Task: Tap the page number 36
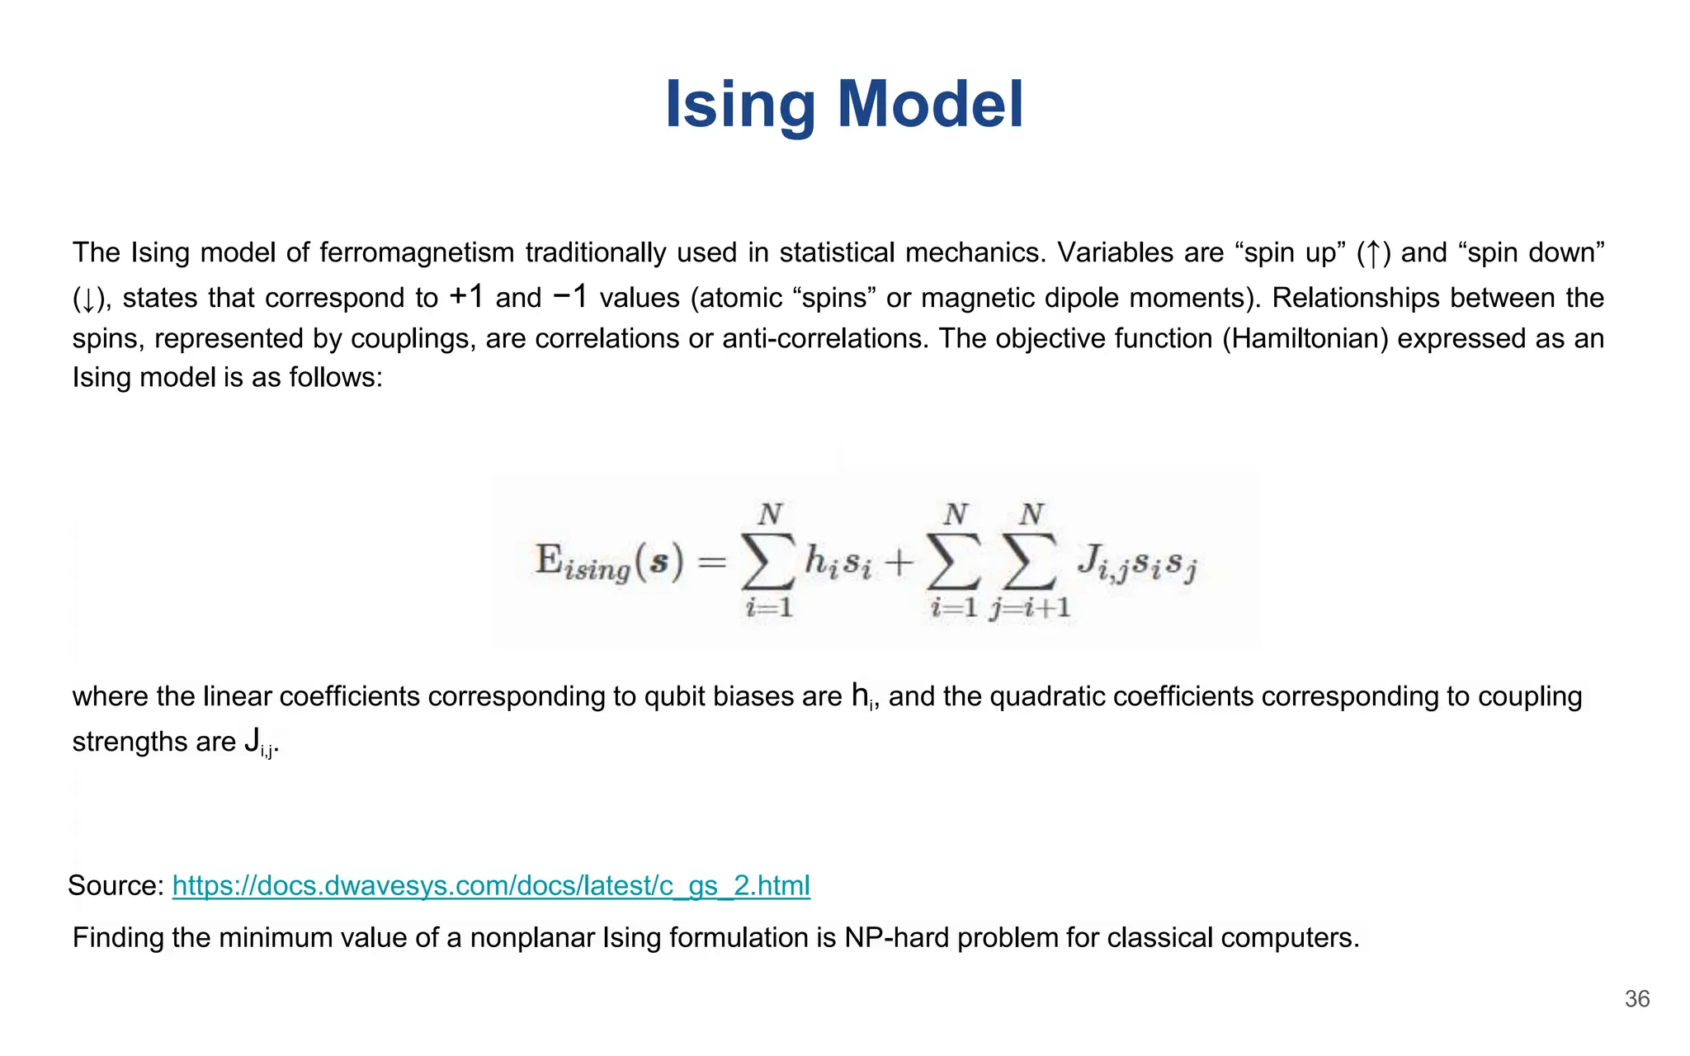coord(1637,999)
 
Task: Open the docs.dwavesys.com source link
coord(491,885)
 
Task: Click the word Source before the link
coord(116,885)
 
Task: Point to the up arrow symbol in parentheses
coord(1373,253)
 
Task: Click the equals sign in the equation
coord(711,563)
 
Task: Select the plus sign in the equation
coord(899,563)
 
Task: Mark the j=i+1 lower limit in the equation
coord(1031,609)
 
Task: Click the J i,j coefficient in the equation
coord(1102,563)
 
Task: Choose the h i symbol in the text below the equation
coord(863,697)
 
